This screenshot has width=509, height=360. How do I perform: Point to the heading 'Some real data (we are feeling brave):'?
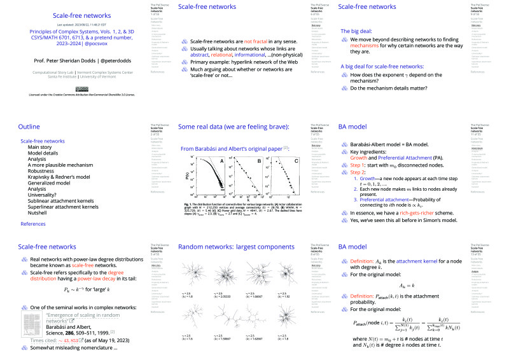pyautogui.click(x=234, y=127)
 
